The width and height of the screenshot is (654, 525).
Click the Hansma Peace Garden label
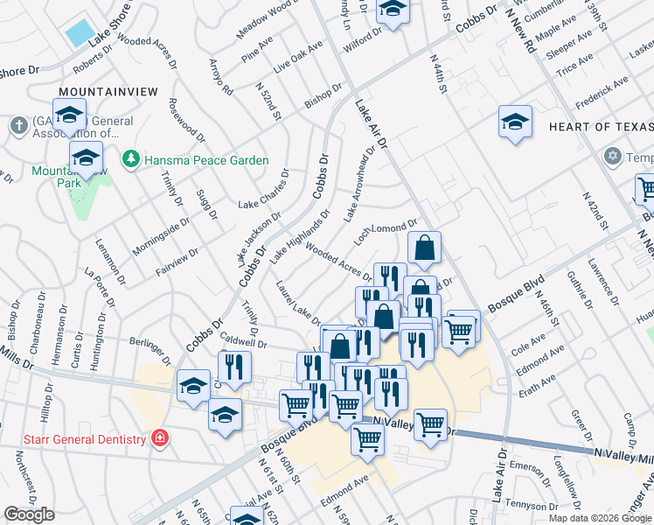[x=206, y=160]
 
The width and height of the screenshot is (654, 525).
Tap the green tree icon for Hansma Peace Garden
[x=131, y=159]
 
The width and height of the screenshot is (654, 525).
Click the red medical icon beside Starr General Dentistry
[x=160, y=437]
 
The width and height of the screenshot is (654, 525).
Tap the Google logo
[x=30, y=514]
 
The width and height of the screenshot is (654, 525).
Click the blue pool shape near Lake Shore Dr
[x=80, y=33]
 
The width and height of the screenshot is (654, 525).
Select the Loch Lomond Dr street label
[x=386, y=231]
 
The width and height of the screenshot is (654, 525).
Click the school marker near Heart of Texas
[x=516, y=122]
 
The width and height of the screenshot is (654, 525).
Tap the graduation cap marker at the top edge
[x=393, y=10]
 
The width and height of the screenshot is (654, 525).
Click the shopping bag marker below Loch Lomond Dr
[x=424, y=248]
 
